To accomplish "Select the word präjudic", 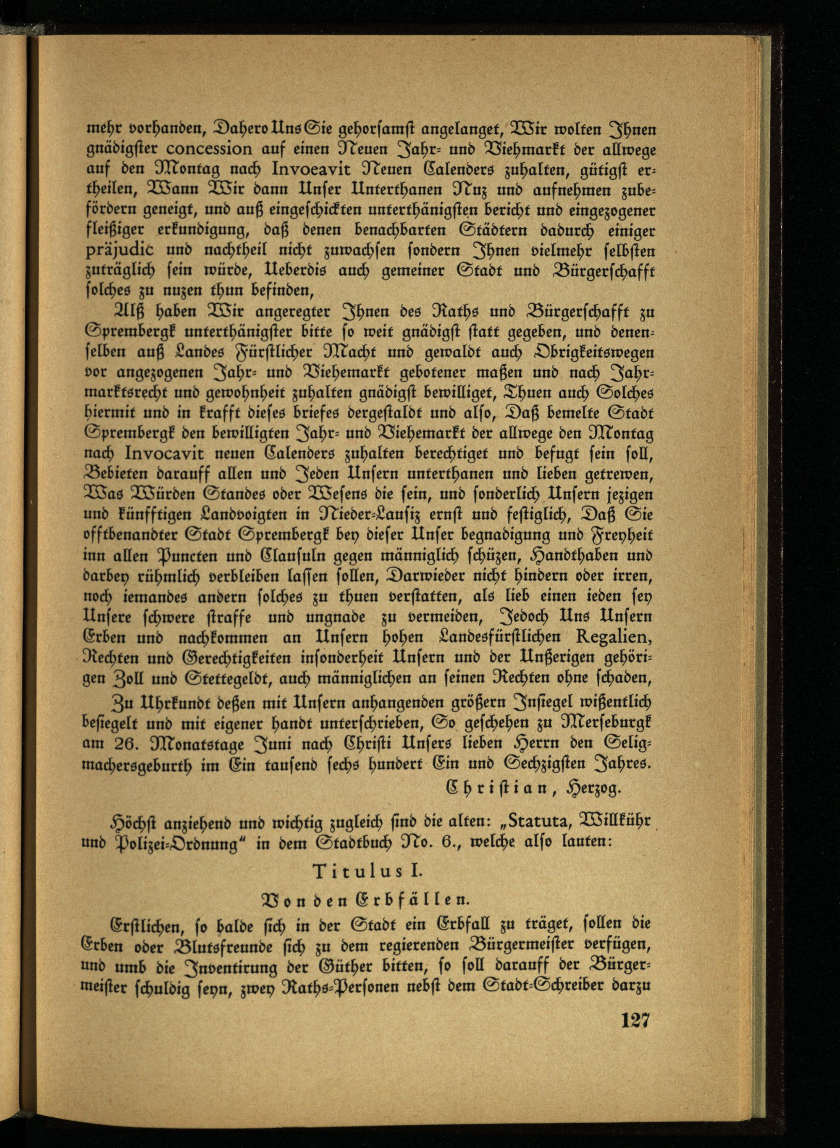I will tap(118, 251).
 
